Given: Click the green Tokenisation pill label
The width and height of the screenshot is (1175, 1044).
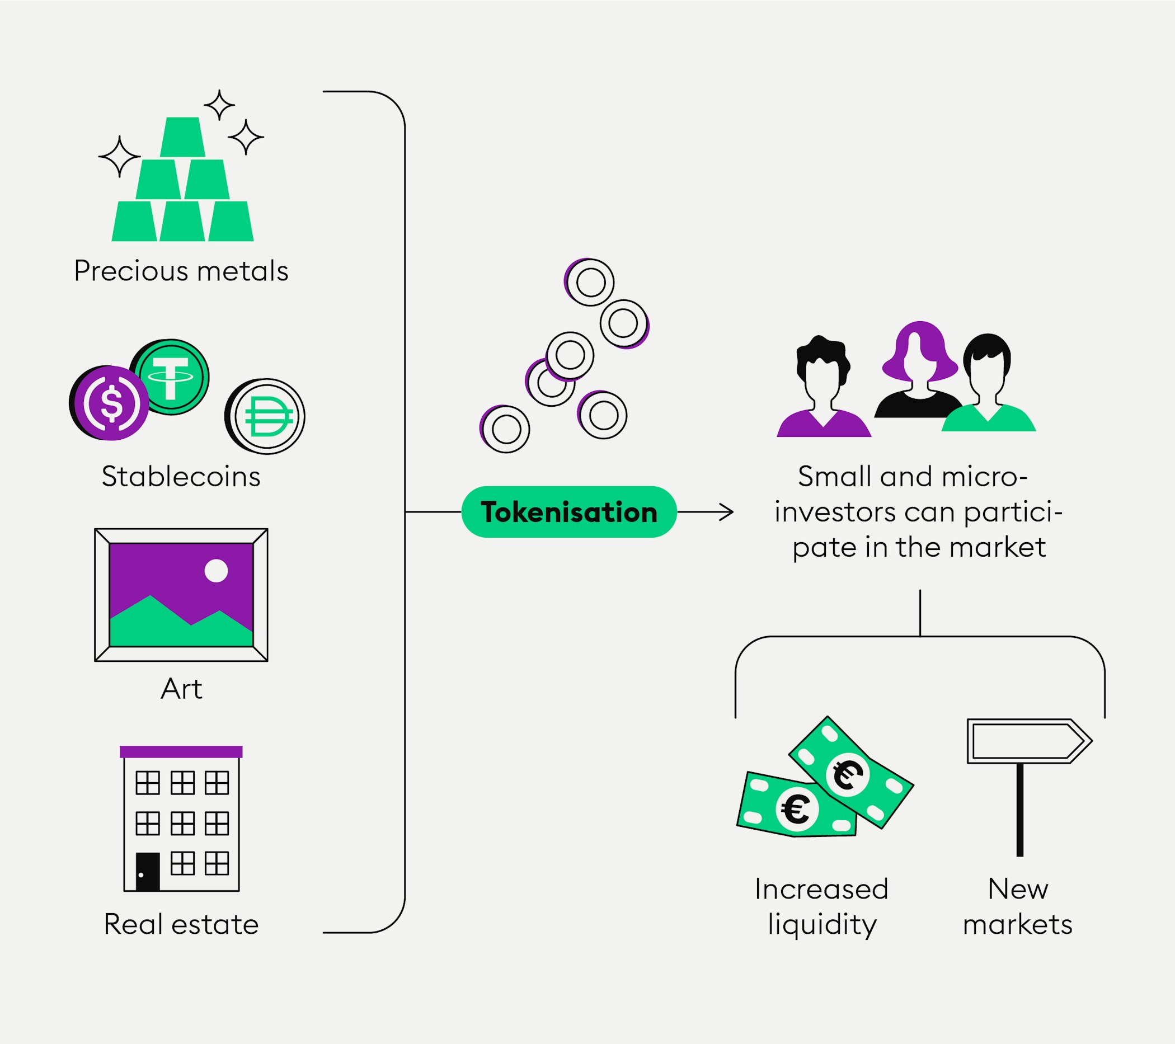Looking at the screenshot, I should pos(568,512).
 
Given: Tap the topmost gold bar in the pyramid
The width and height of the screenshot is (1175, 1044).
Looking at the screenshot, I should pos(182,138).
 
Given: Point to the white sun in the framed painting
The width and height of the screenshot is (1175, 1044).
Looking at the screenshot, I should pos(216,571).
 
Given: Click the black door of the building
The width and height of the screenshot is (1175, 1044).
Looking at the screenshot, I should pos(148,872).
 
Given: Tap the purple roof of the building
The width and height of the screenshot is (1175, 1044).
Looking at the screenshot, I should pos(181,752).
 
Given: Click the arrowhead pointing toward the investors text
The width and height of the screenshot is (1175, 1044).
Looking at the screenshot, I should pos(728,512).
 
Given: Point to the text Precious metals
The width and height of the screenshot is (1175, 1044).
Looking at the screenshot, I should pos(181,271).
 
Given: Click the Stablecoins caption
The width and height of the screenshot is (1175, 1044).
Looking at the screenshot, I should pos(181,477).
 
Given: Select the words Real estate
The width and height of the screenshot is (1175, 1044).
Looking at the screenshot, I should pos(181,924).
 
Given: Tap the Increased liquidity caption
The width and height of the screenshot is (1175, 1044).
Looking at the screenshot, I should pos(822,906).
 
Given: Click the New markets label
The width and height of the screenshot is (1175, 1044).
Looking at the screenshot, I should pos(1017,906).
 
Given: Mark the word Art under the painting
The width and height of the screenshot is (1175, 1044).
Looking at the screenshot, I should pos(181,689).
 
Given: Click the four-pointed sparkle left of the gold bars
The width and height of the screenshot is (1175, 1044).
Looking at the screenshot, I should pos(119,156).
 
